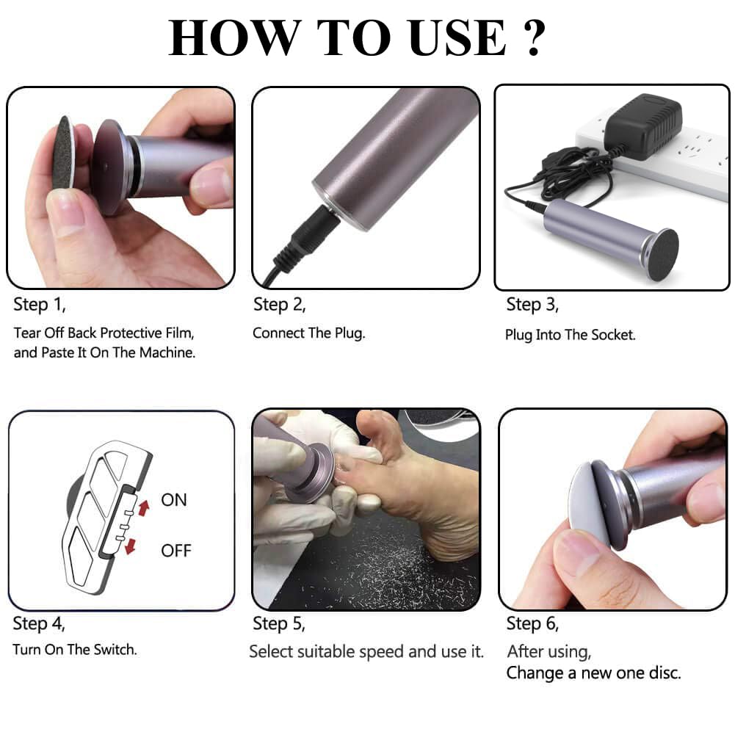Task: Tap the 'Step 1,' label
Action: tap(44, 303)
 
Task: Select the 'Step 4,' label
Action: tap(39, 624)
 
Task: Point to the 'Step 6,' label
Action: tap(532, 624)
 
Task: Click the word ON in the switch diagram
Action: tap(175, 500)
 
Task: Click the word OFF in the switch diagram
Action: tap(176, 551)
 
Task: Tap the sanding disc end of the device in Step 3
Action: tap(663, 251)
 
